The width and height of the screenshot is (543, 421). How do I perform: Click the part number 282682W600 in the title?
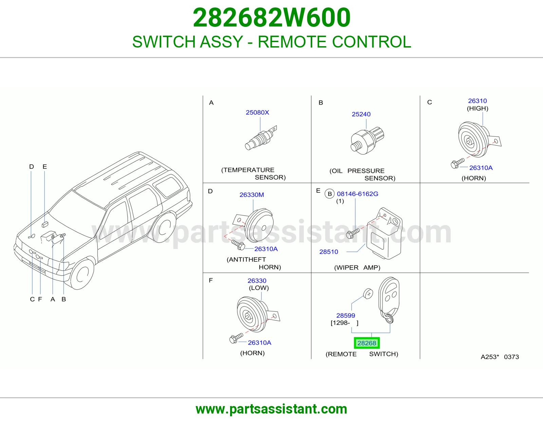(271, 18)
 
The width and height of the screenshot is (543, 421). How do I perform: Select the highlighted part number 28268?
(367, 343)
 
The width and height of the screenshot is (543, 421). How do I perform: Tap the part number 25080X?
(257, 112)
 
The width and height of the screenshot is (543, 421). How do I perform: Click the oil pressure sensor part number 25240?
(361, 114)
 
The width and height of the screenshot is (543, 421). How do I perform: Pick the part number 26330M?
(251, 195)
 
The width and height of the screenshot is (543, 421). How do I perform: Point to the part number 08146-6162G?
(358, 194)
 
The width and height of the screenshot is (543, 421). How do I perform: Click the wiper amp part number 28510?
(329, 252)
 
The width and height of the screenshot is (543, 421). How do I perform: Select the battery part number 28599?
(345, 315)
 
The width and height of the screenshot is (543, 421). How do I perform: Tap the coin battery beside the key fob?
(368, 294)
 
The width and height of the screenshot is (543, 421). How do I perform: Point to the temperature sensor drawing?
(261, 138)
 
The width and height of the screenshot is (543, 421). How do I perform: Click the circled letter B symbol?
(330, 194)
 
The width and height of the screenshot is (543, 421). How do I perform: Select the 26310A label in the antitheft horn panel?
(266, 249)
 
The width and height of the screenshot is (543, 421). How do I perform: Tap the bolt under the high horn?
(457, 163)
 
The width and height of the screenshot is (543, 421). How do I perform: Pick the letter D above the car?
(32, 166)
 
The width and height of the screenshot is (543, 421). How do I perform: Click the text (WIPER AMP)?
(357, 268)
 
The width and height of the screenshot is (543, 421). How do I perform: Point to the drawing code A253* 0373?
(500, 357)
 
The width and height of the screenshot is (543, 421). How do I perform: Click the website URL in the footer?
(271, 409)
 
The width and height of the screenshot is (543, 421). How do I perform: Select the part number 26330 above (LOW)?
(257, 281)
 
